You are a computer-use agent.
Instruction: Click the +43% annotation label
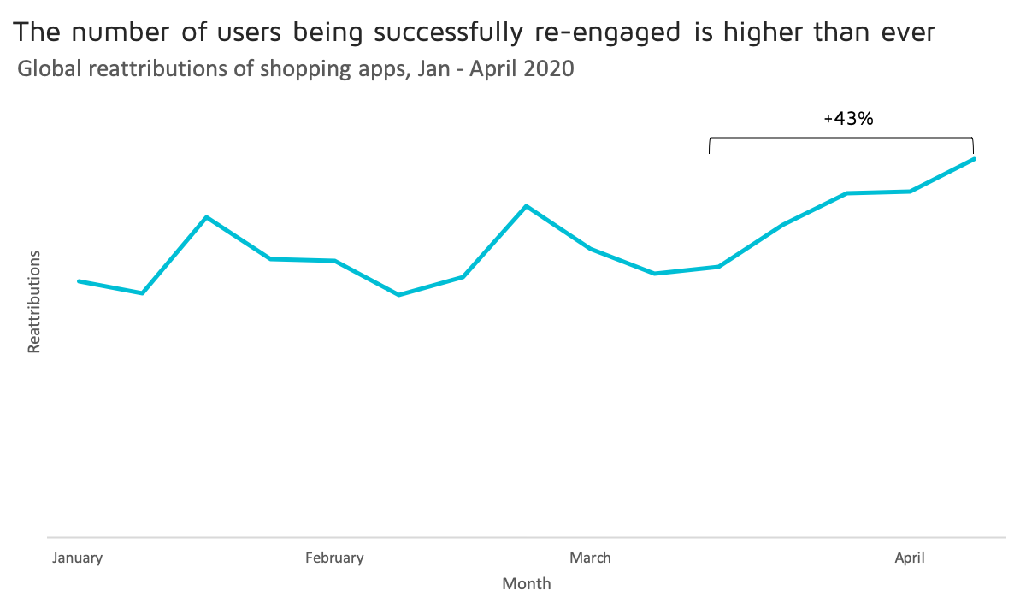click(848, 120)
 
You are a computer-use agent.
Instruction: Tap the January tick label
click(78, 558)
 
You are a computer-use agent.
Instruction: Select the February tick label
click(334, 558)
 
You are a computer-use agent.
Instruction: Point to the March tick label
click(590, 558)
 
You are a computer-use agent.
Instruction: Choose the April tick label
click(910, 558)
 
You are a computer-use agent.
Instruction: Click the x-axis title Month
click(527, 585)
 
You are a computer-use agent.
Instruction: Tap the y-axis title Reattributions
click(34, 302)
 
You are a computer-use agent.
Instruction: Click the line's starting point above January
click(79, 280)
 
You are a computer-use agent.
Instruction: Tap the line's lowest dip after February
click(398, 295)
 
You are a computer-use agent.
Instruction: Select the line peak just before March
click(527, 206)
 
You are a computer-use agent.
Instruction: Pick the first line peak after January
click(206, 217)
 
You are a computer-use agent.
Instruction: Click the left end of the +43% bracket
click(710, 145)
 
